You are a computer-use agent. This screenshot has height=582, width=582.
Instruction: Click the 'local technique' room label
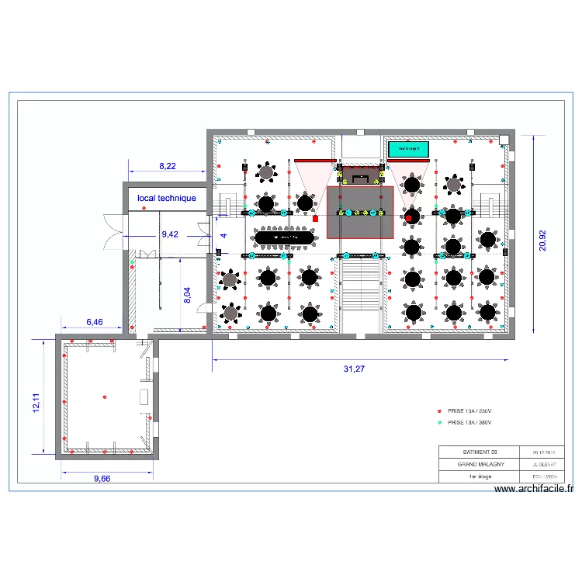pos(167,199)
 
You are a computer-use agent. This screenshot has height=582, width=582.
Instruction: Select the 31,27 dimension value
pos(354,369)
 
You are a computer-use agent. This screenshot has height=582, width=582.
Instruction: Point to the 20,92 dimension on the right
pos(543,232)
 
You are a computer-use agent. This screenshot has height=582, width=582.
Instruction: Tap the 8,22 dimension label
pos(167,166)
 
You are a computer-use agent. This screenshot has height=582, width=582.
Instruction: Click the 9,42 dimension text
pos(169,234)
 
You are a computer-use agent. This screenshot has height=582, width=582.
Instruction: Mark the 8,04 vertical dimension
pos(187,296)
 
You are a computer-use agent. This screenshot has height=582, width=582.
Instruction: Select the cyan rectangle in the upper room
pos(409,148)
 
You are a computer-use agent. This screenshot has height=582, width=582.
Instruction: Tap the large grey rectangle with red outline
pos(361,212)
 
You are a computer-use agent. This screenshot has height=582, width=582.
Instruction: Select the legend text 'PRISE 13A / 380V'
pos(470,423)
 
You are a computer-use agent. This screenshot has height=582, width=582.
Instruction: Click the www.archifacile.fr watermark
pos(534,489)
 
